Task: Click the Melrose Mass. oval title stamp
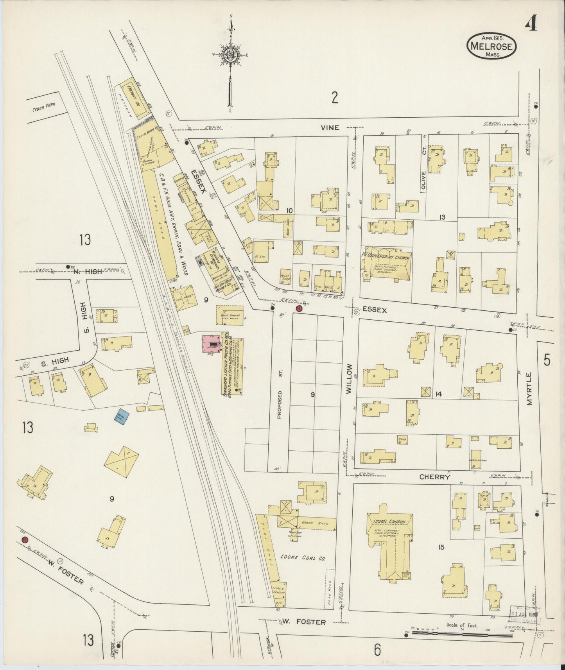pyautogui.click(x=491, y=46)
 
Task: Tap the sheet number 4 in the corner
pyautogui.click(x=531, y=24)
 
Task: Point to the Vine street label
pyautogui.click(x=330, y=127)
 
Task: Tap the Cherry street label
pyautogui.click(x=435, y=477)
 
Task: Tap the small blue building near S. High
pyautogui.click(x=120, y=417)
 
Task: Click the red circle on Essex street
pyautogui.click(x=299, y=308)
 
